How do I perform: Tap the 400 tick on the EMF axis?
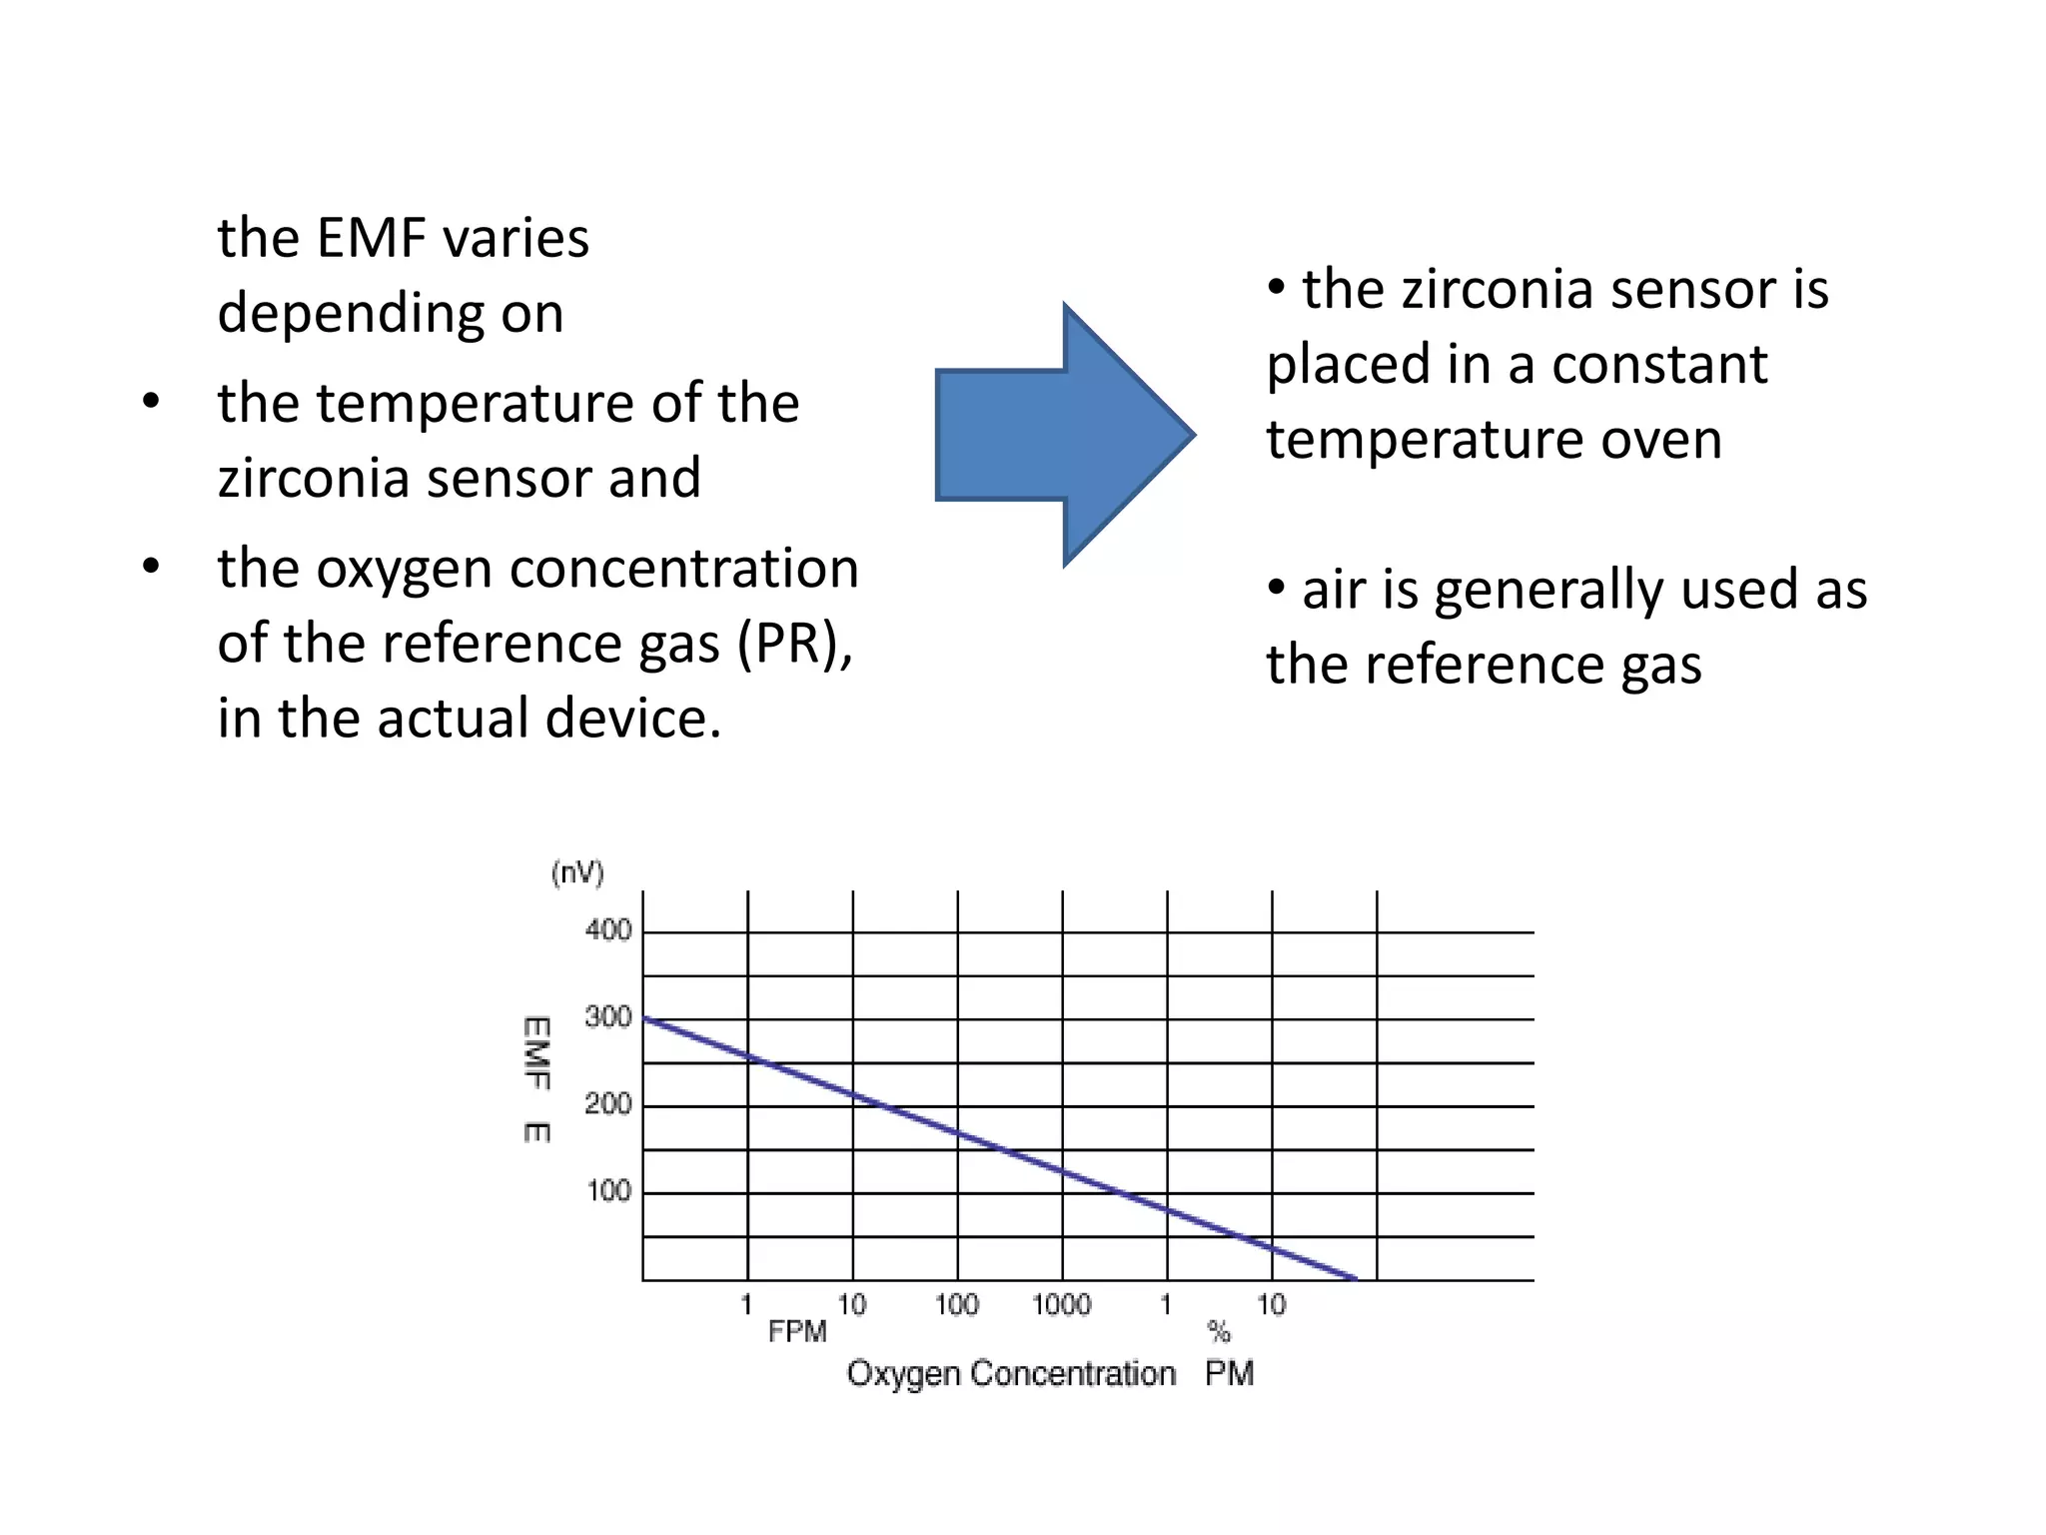(607, 930)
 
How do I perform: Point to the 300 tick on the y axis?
(607, 1017)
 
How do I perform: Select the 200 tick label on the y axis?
(607, 1104)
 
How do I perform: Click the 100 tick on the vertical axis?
(607, 1191)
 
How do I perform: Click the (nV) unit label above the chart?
(577, 873)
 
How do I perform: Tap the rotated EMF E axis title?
(536, 1079)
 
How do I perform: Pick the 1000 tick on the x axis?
(1060, 1304)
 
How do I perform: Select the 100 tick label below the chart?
(956, 1304)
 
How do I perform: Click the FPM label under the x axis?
(797, 1332)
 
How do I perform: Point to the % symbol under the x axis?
(1218, 1331)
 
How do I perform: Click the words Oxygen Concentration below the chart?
(1010, 1374)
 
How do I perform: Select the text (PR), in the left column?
(795, 644)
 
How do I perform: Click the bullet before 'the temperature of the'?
(151, 404)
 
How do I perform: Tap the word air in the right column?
(1334, 590)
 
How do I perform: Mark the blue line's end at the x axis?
(1355, 1278)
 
